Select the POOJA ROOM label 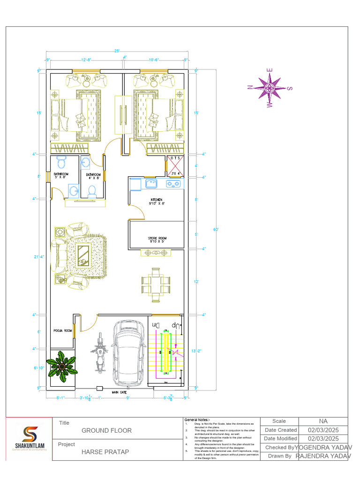62,330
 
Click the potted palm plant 61,366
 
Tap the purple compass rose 270,88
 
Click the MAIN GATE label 120,392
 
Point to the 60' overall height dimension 216,230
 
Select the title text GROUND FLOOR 106,430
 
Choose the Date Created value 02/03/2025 323,430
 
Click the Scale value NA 323,421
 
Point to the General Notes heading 197,420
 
